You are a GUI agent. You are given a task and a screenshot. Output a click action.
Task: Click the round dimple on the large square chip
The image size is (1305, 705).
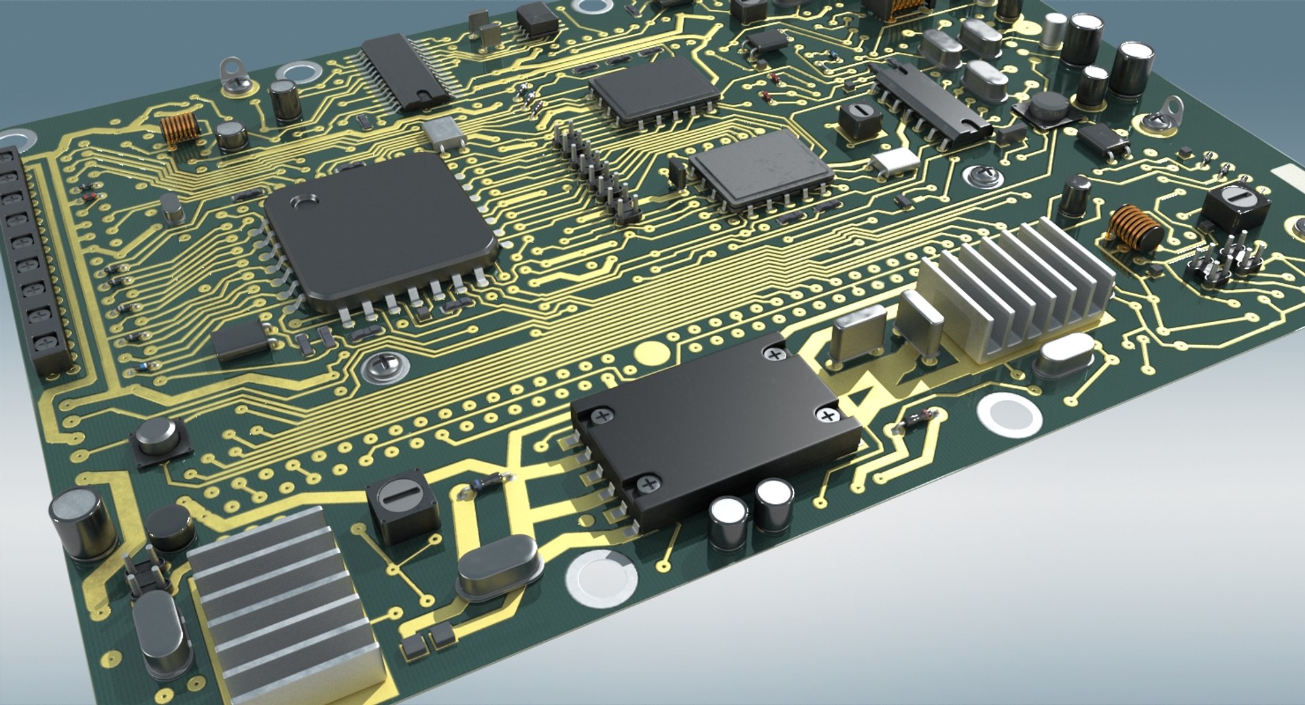[x=303, y=202]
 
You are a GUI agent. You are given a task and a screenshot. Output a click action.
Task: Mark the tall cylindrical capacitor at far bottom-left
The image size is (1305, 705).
[x=84, y=523]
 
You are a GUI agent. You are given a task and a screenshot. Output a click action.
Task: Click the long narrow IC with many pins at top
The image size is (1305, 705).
[x=406, y=72]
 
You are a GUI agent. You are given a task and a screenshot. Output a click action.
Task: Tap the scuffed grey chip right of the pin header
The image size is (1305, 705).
[x=761, y=167]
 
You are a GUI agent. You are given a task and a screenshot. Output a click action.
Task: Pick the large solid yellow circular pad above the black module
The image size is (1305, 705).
[x=651, y=353]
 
